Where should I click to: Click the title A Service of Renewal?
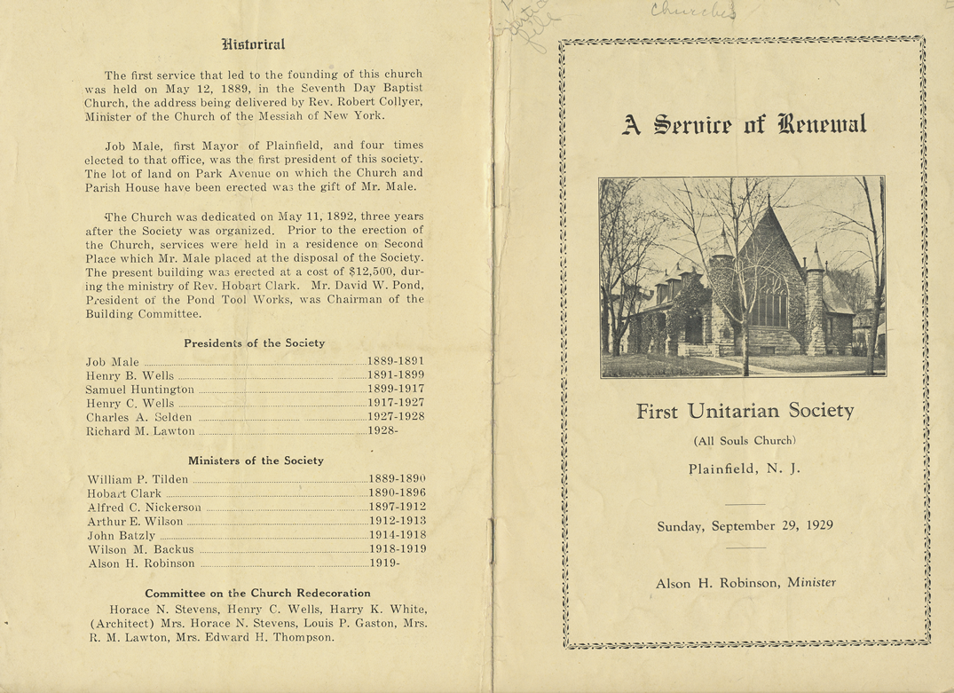[745, 124]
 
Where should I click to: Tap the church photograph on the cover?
[741, 277]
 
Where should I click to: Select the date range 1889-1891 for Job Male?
[396, 361]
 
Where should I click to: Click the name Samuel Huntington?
[139, 390]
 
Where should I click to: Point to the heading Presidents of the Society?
[254, 343]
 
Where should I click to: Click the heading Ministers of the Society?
[256, 461]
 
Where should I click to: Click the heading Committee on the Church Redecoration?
[257, 593]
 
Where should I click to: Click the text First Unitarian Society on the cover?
[745, 412]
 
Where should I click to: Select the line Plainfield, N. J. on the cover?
[745, 469]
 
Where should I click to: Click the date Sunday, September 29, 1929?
[745, 525]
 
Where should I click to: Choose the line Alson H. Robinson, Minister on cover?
[745, 583]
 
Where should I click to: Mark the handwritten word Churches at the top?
[692, 12]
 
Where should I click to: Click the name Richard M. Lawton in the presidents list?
[140, 431]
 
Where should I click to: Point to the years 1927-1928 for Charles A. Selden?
[396, 417]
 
